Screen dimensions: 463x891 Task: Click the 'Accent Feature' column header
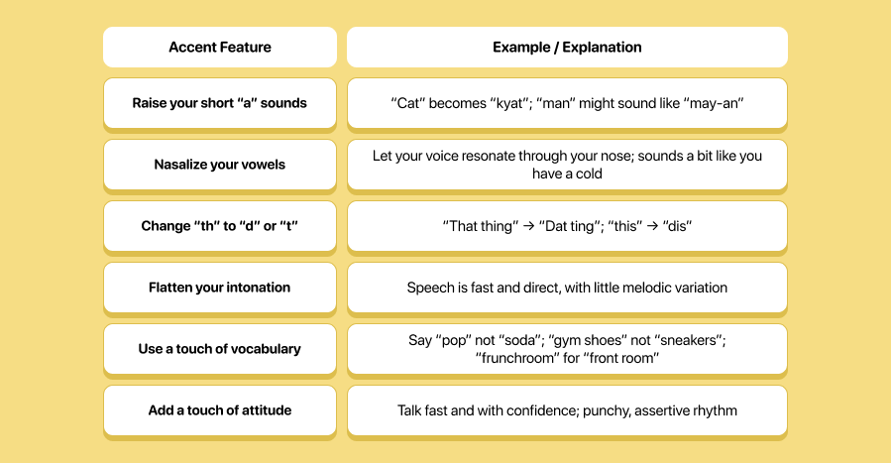coord(219,47)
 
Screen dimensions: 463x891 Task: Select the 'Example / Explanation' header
coord(567,47)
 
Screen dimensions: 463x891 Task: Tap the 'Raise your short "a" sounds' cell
coord(219,103)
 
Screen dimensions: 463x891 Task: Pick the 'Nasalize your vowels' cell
coord(219,165)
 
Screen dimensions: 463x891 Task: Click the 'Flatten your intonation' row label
coord(219,288)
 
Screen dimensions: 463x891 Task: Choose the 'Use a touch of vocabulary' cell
coord(219,349)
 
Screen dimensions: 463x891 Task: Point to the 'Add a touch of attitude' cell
coord(219,410)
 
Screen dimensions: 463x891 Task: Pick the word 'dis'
coord(676,226)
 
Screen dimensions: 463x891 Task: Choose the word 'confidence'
coord(550,410)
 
